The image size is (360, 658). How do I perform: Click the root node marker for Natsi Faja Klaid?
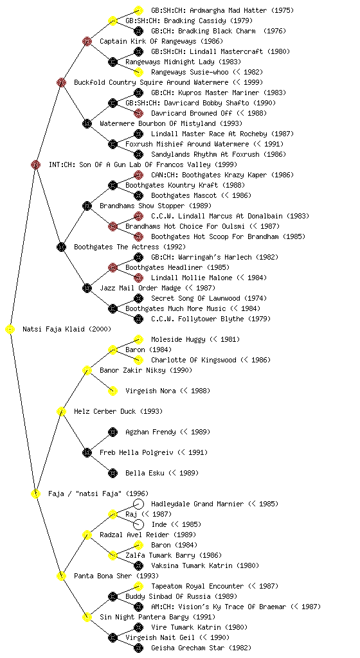click(x=10, y=330)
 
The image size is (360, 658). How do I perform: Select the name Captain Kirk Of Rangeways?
click(x=148, y=41)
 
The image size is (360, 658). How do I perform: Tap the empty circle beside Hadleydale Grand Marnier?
click(x=138, y=504)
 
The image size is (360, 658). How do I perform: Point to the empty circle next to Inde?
click(x=138, y=524)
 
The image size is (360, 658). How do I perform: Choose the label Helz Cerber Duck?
click(x=105, y=411)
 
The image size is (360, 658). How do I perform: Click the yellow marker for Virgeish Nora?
click(x=113, y=391)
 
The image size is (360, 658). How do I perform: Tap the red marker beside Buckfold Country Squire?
click(x=61, y=82)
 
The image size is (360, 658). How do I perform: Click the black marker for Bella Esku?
click(x=113, y=473)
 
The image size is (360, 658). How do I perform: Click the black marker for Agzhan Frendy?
click(x=113, y=432)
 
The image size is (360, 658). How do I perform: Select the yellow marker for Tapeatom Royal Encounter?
click(x=138, y=586)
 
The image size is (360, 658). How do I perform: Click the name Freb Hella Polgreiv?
click(x=136, y=452)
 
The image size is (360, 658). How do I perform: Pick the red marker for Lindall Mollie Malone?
click(x=138, y=278)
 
